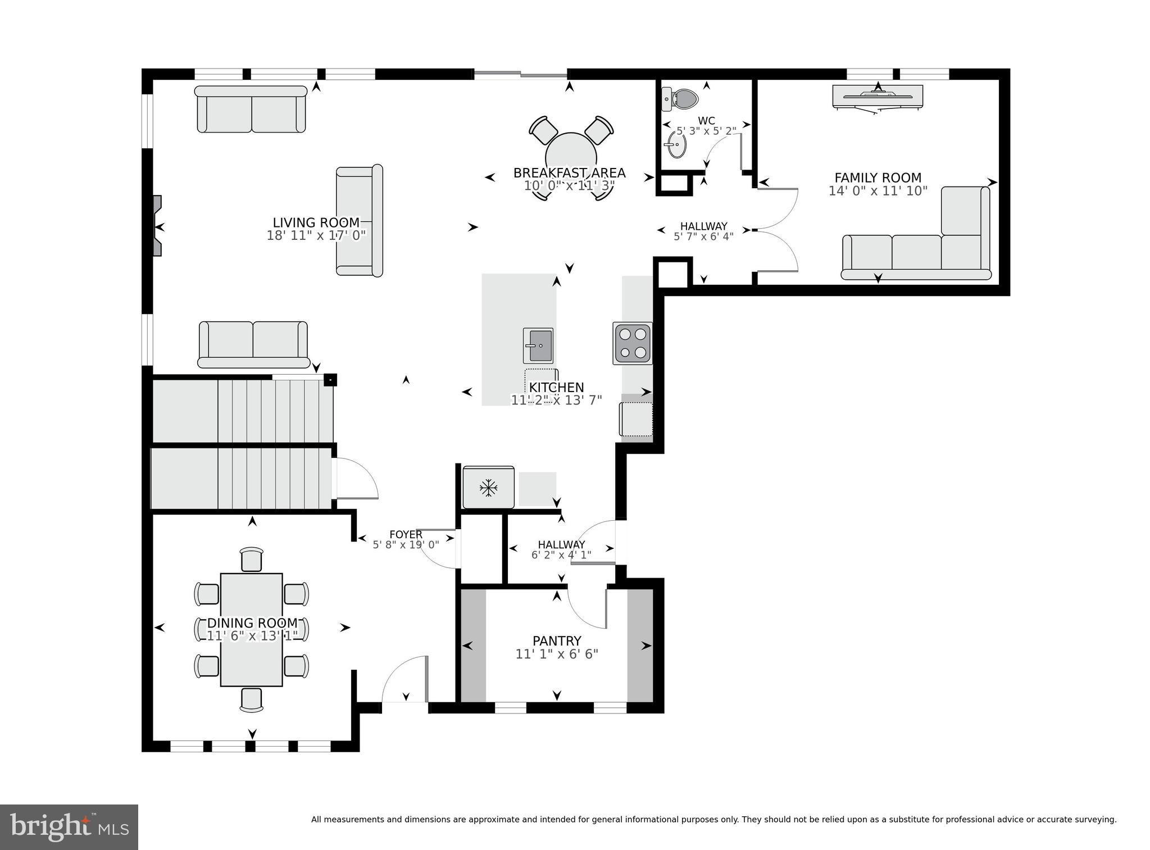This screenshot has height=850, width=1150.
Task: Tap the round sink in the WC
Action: point(676,147)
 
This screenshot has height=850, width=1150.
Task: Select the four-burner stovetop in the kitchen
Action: point(633,343)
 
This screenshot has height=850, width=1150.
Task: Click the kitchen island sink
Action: point(538,346)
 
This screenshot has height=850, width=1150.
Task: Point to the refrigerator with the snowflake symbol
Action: point(488,487)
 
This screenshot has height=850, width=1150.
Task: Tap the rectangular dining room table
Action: point(251,629)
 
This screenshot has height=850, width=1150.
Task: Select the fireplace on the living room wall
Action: point(157,226)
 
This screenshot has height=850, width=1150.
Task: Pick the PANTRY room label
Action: point(557,641)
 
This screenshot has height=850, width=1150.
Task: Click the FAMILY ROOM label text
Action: point(878,178)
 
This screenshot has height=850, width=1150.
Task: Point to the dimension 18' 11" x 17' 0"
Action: point(316,235)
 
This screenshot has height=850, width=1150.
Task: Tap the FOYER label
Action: point(406,534)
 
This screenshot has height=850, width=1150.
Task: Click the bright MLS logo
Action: point(69,826)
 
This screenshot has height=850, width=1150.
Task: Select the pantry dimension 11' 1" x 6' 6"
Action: point(557,654)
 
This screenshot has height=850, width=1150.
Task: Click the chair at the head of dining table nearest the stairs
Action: point(251,560)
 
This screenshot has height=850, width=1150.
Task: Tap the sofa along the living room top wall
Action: point(251,109)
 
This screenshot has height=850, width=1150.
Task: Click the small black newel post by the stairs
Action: point(331,380)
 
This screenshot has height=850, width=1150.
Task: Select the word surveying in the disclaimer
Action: point(1096,820)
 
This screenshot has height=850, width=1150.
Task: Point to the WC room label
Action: point(706,121)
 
